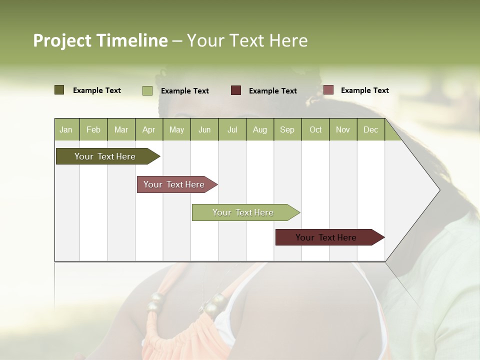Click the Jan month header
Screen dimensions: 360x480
tap(66, 129)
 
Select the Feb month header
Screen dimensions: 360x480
tap(93, 129)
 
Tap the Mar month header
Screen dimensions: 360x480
tap(121, 129)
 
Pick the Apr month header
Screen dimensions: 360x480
tap(149, 129)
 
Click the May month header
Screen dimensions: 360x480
tap(176, 129)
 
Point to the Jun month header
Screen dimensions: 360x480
tap(204, 129)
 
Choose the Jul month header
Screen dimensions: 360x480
tap(232, 129)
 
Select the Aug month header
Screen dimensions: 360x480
tap(260, 129)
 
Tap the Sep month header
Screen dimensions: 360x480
tap(287, 129)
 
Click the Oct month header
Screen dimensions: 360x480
tap(315, 129)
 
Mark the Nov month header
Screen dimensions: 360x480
tap(343, 129)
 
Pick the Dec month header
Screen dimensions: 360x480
tap(371, 129)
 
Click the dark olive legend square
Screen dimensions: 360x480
tap(59, 90)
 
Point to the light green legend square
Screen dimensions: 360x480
tap(147, 90)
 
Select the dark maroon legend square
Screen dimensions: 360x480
tap(236, 90)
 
